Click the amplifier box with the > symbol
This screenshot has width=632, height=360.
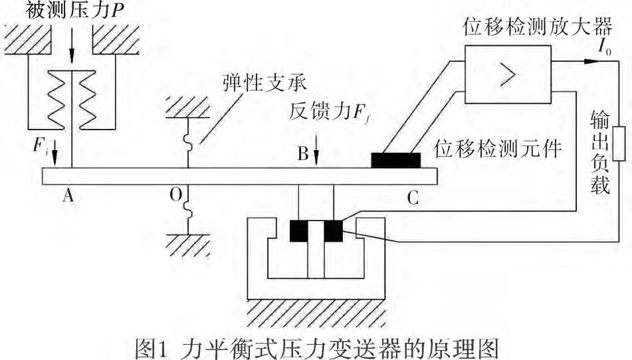508,74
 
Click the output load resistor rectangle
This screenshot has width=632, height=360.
618,143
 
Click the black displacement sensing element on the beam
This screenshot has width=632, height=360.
396,160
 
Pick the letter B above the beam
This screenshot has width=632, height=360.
302,153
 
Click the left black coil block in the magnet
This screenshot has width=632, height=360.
299,230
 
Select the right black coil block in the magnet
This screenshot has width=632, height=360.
333,230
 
